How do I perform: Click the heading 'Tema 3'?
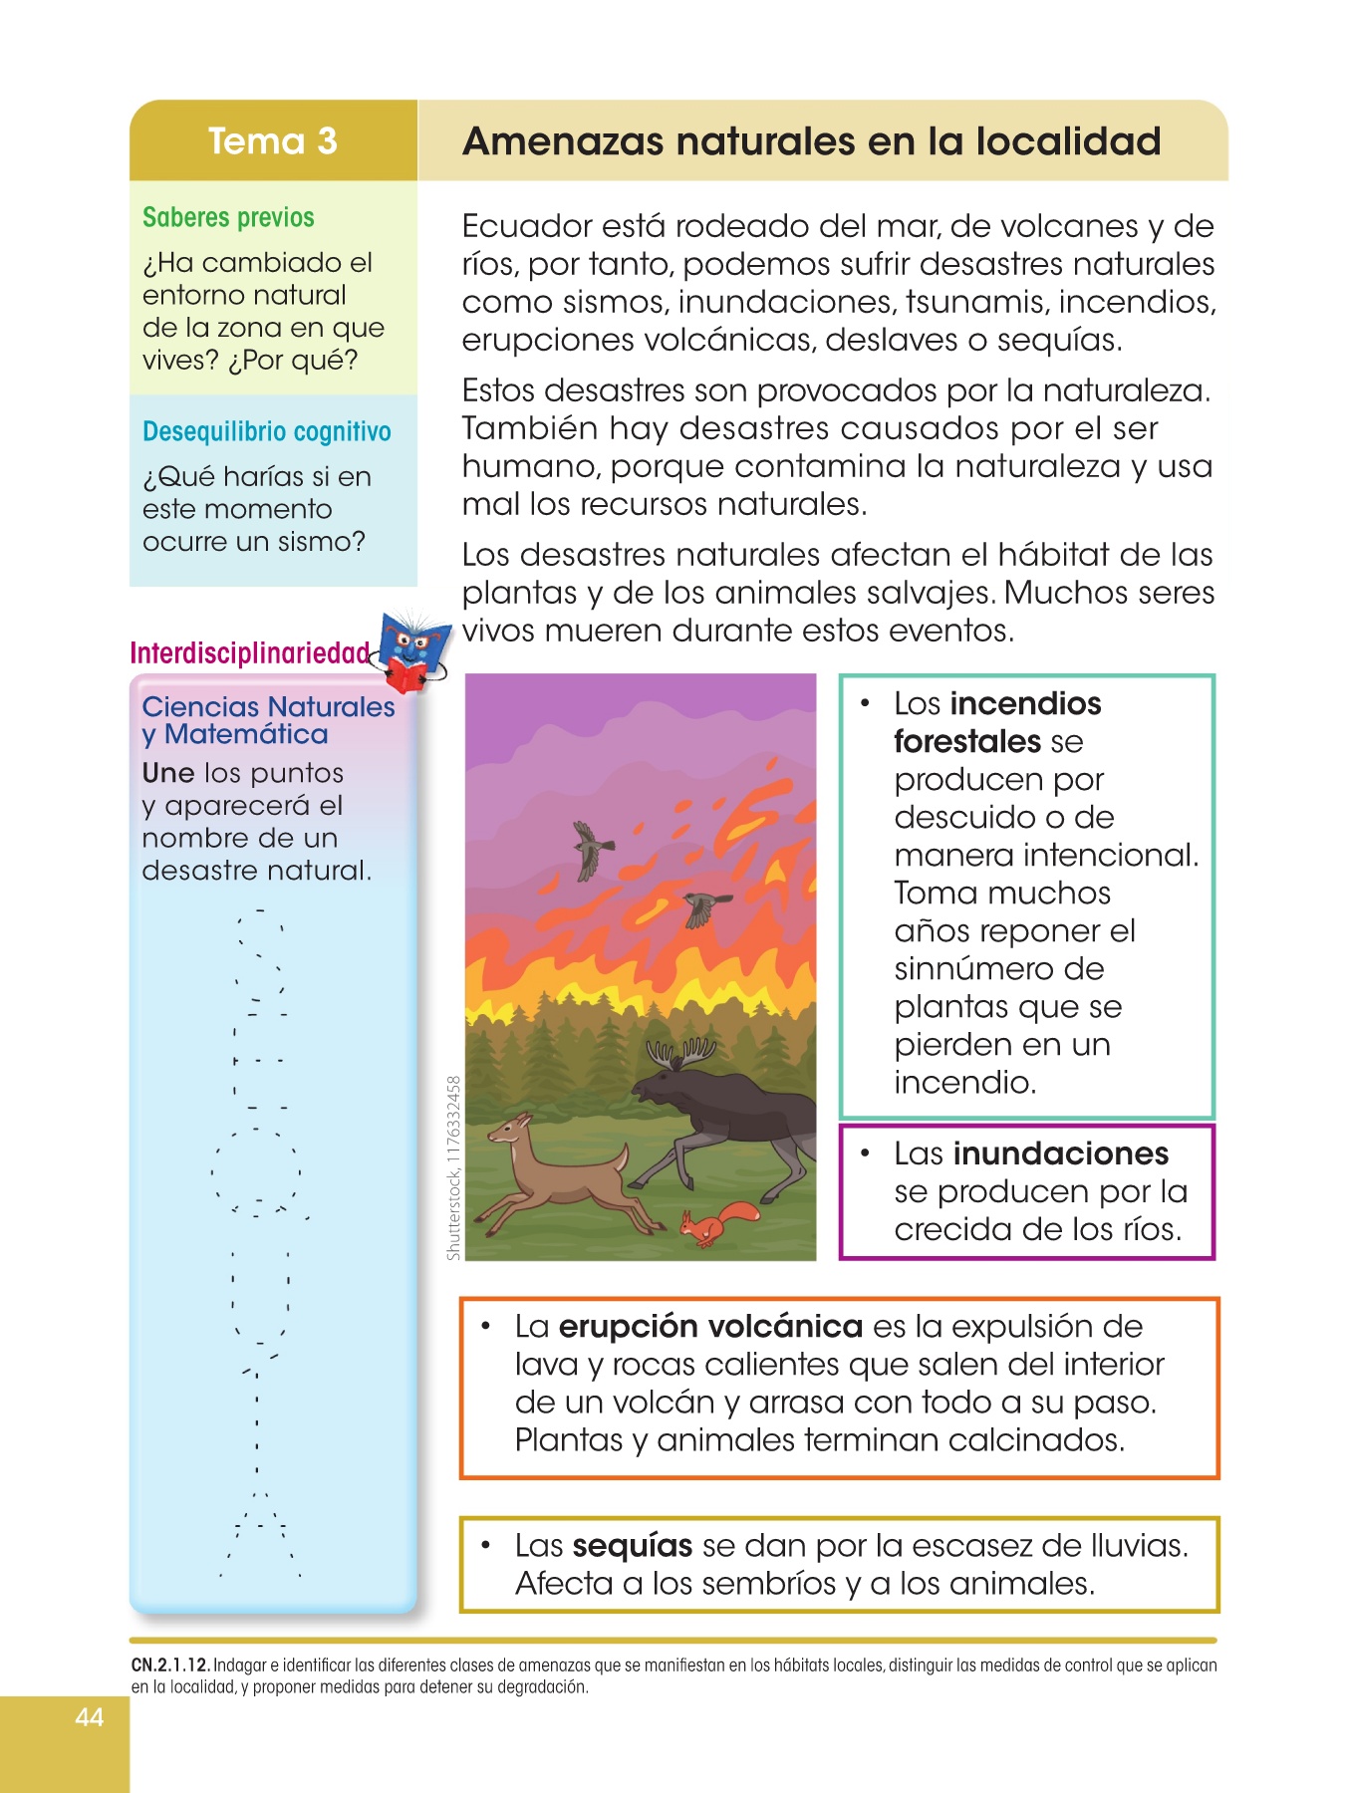tap(272, 141)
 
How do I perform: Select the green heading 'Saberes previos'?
tap(228, 217)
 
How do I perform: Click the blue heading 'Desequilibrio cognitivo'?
tap(266, 431)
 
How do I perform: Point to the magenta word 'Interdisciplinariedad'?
tap(250, 653)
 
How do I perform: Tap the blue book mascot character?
tap(411, 650)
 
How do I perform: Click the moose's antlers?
tap(681, 1051)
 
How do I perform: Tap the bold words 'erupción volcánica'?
tap(710, 1327)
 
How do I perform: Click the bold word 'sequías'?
tap(633, 1546)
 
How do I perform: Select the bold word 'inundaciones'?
tap(1060, 1153)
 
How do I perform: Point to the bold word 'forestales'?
tap(966, 741)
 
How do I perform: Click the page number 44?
tap(89, 1716)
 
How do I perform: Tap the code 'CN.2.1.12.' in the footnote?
tap(170, 1665)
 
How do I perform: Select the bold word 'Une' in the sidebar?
tap(167, 773)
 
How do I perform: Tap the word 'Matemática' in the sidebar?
tap(246, 734)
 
